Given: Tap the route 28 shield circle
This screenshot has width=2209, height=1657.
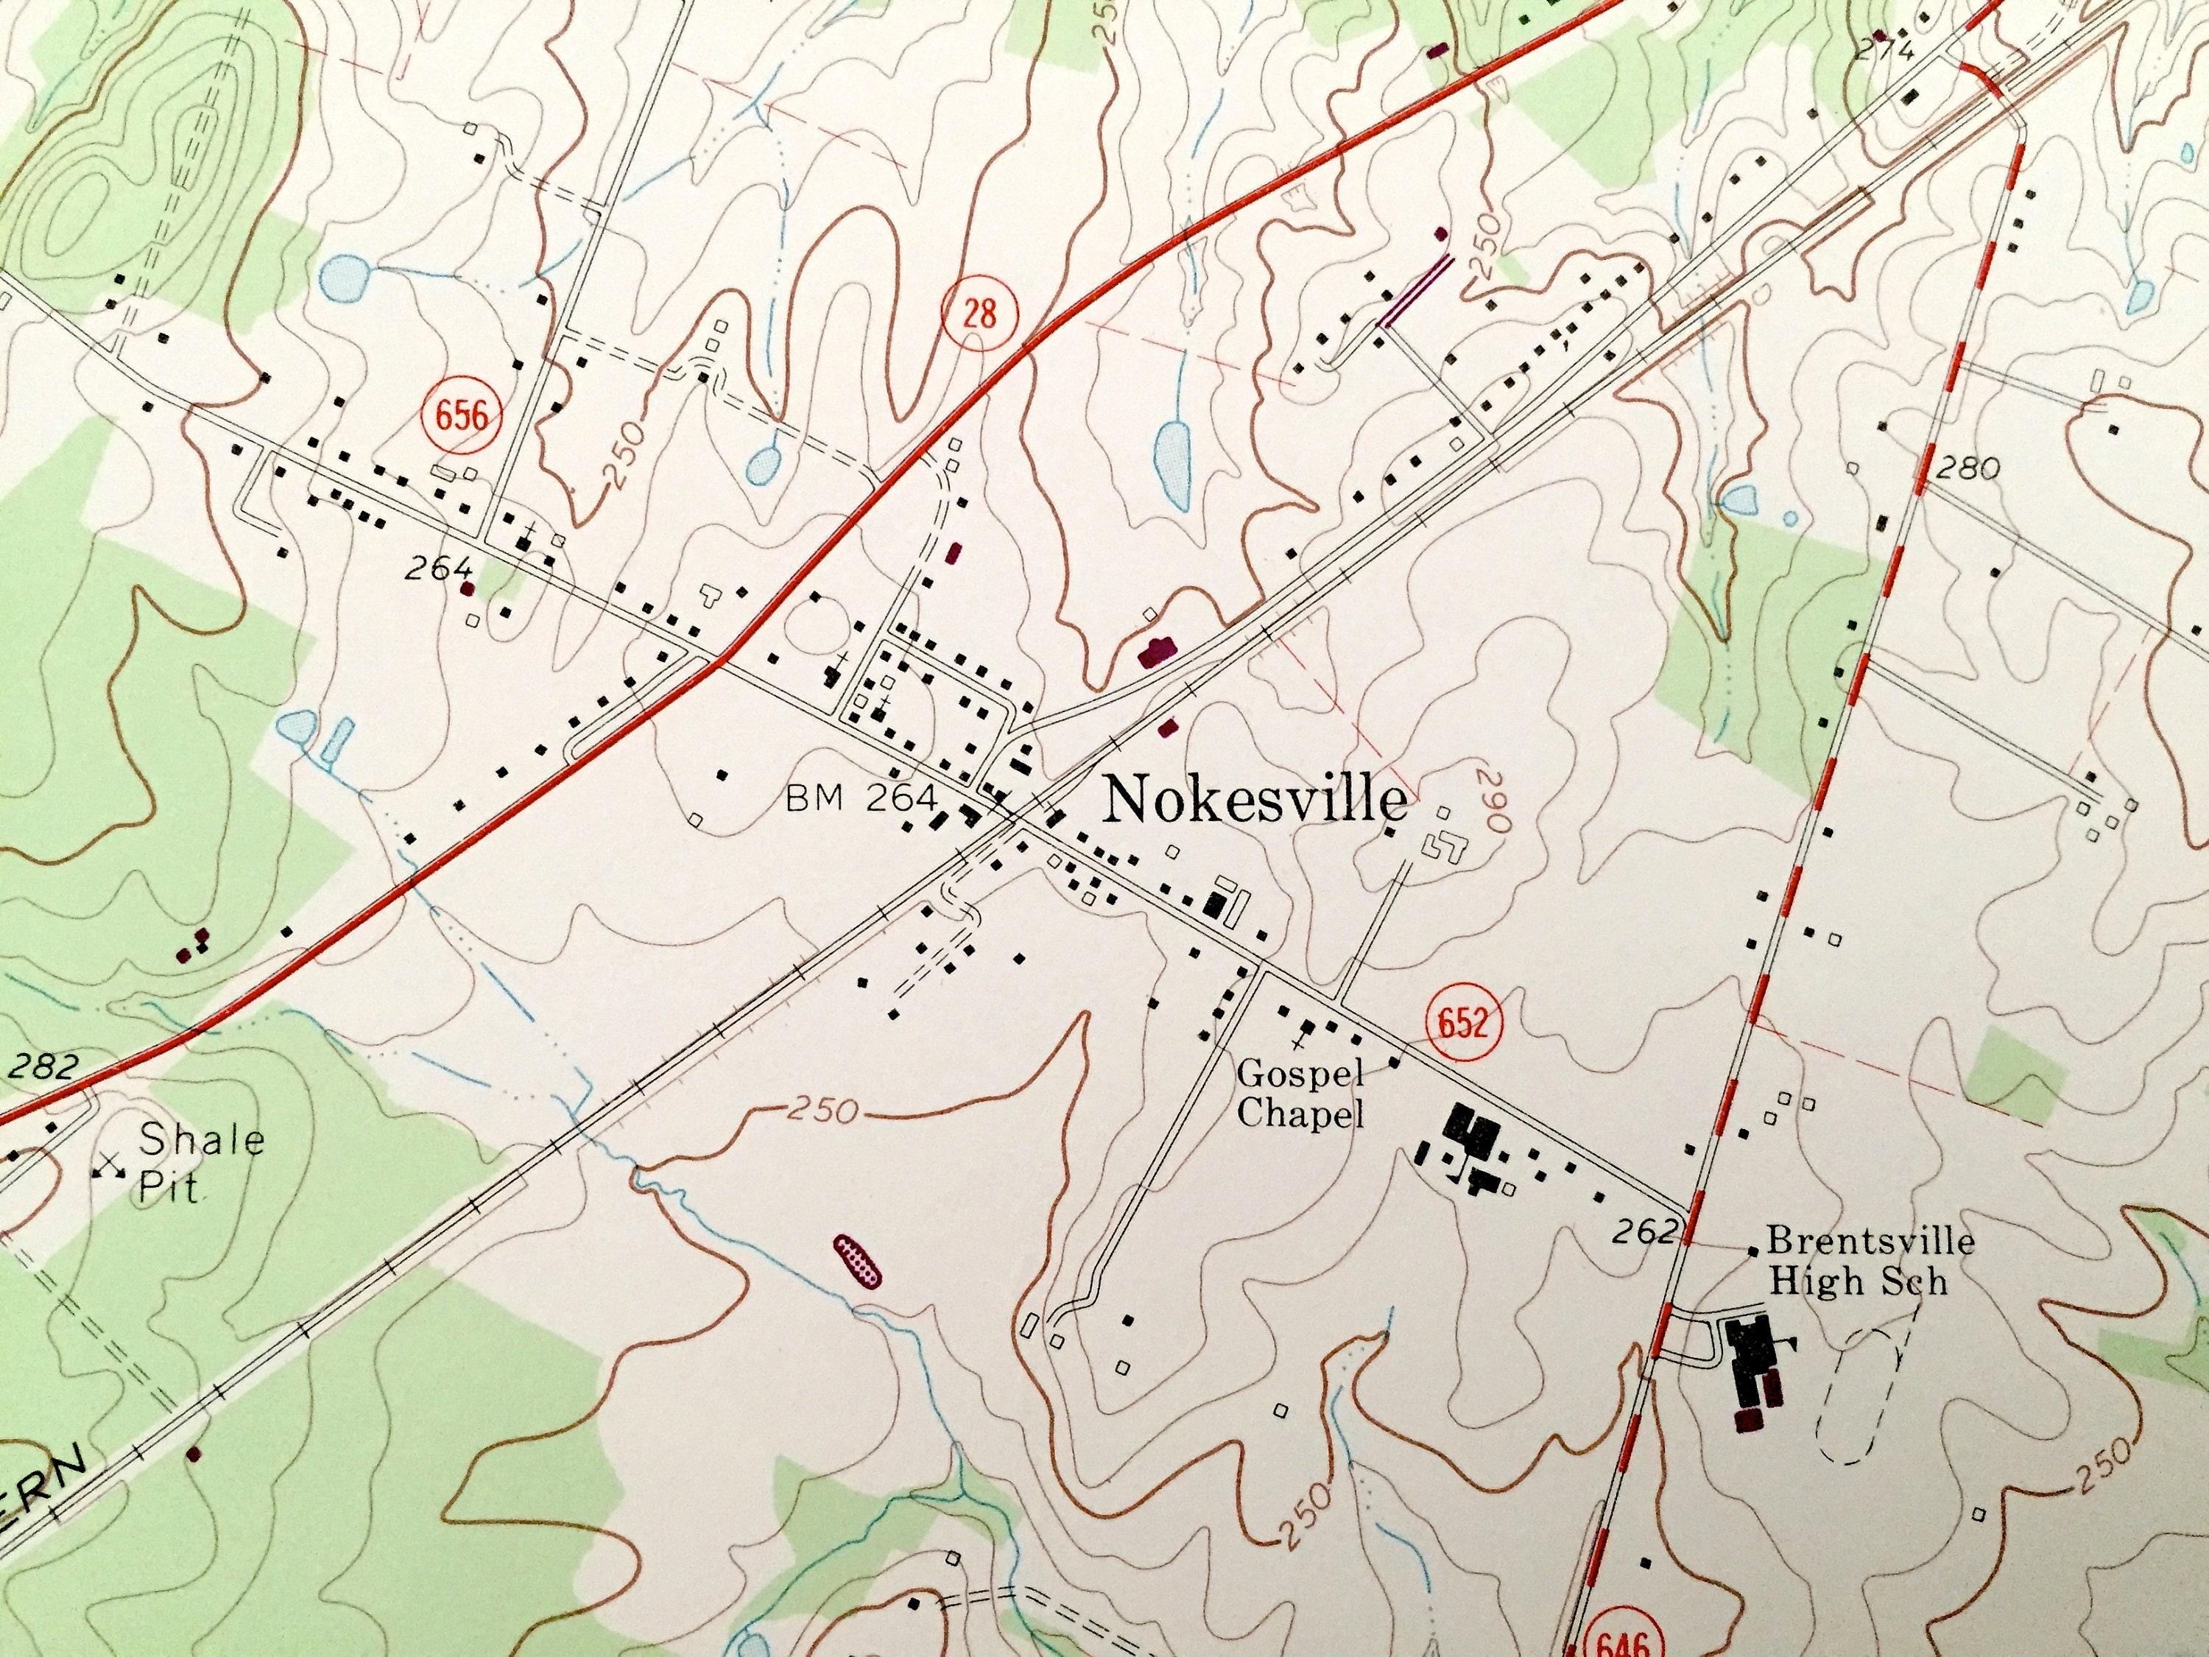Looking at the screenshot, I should pos(979,314).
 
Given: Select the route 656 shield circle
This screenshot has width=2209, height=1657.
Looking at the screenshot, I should pos(462,415).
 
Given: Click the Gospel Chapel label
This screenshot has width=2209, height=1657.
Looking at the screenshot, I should pos(1300,1094).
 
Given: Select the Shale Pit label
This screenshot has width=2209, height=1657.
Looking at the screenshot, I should pos(200,1161).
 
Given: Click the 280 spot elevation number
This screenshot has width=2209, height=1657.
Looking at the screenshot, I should pos(1967,468).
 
